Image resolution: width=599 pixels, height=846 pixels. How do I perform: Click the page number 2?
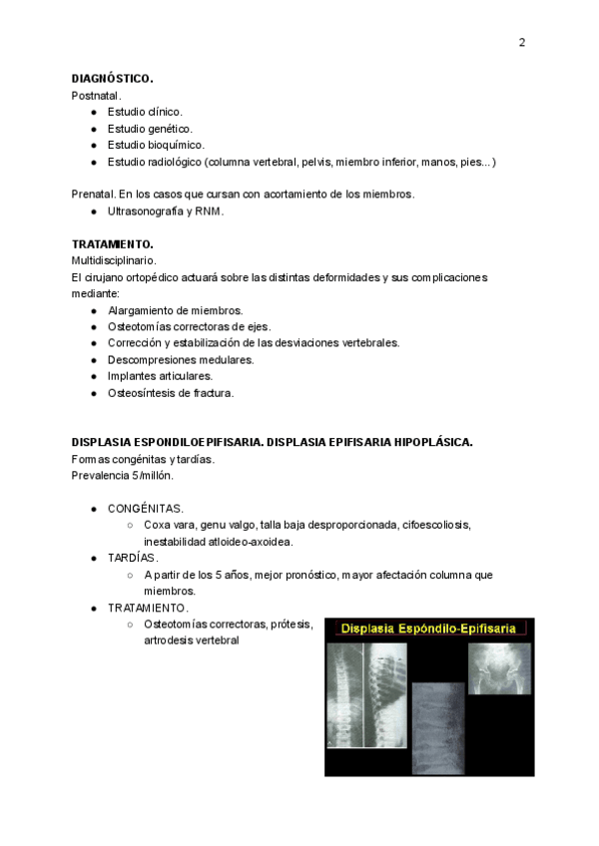tap(521, 42)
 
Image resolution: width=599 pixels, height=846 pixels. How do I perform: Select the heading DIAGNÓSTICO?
tap(112, 78)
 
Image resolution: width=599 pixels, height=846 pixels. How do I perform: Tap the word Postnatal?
tap(96, 95)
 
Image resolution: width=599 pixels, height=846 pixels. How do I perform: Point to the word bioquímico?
tap(176, 145)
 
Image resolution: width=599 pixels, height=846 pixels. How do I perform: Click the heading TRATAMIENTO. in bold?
tap(112, 244)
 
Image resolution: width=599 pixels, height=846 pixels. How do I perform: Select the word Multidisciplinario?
tap(114, 260)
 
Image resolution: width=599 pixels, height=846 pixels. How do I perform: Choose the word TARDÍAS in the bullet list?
tap(133, 559)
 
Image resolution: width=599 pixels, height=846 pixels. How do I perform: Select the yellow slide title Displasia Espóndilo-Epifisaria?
tap(428, 629)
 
